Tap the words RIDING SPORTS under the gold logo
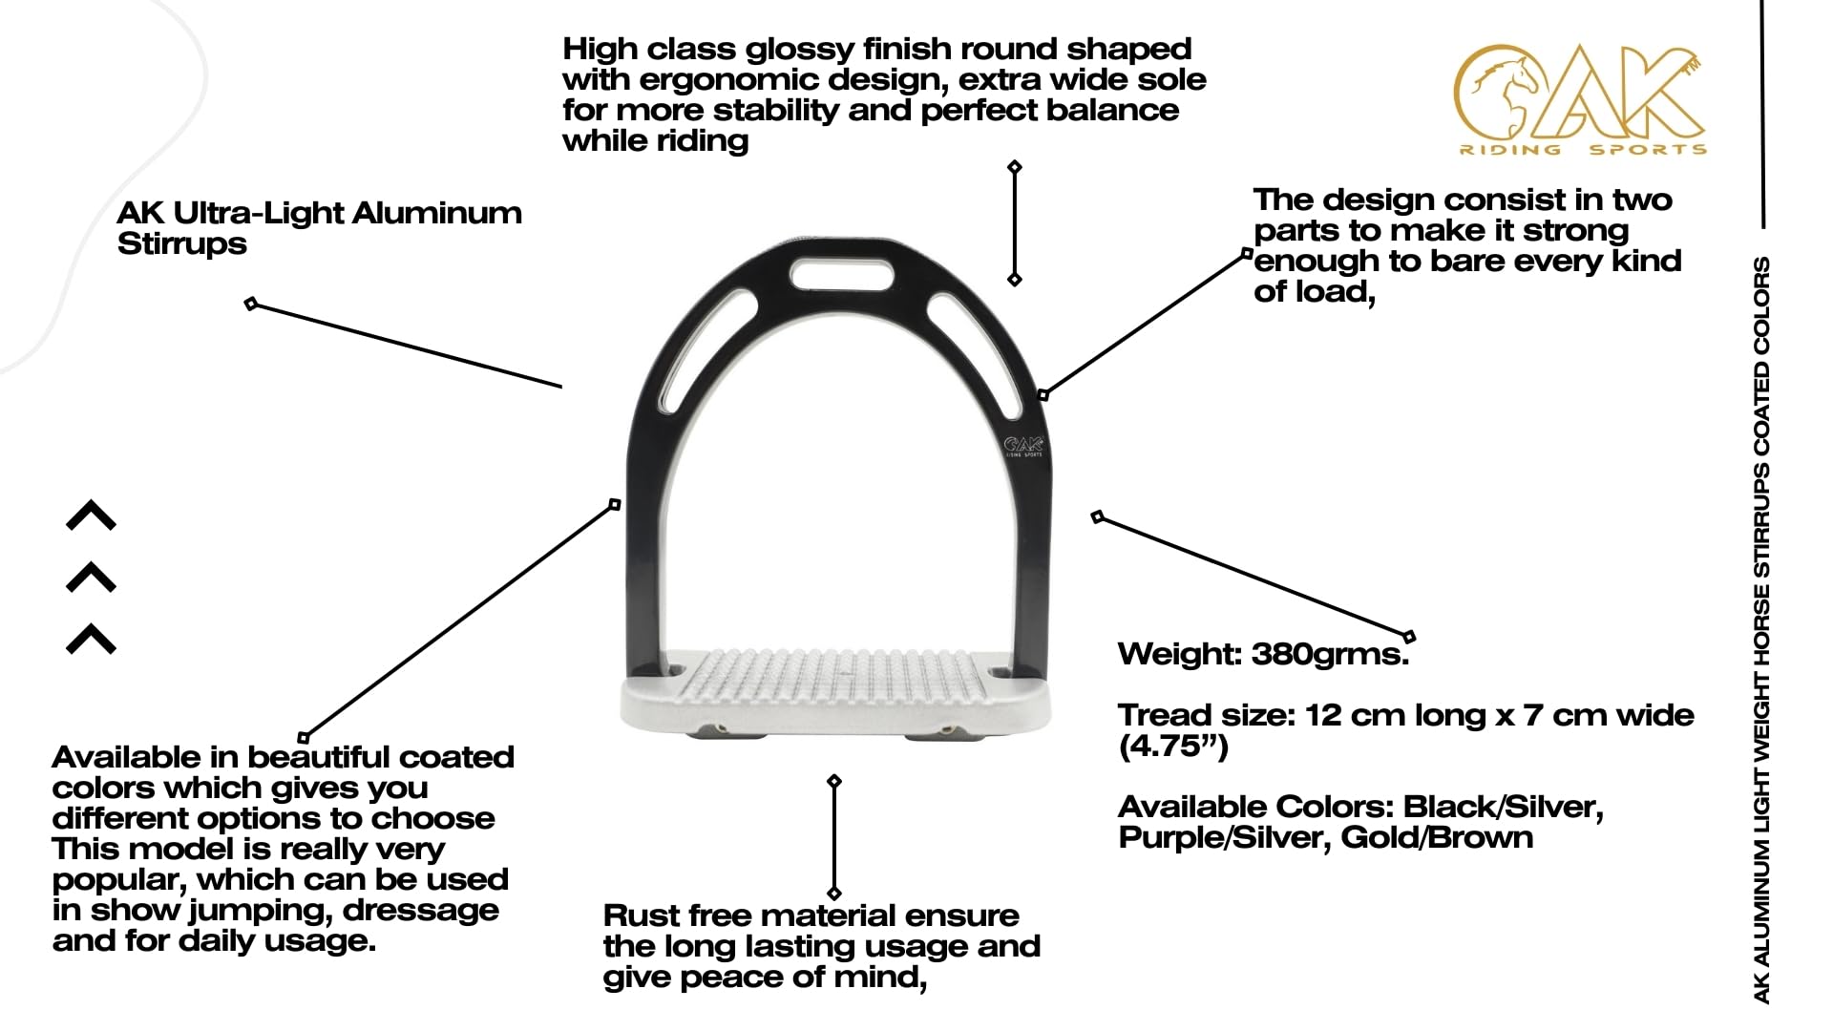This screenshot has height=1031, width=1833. tap(1583, 149)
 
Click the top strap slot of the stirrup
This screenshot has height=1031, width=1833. tap(843, 275)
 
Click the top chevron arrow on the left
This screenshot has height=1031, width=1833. tap(91, 515)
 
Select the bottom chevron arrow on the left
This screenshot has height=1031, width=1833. tap(91, 639)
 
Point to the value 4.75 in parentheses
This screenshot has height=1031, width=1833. tap(1172, 746)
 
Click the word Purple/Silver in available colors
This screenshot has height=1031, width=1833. tap(1225, 837)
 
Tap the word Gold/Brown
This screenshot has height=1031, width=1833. tap(1437, 837)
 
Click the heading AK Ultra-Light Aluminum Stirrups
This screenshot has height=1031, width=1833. tap(319, 228)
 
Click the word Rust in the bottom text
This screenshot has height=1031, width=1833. tap(641, 915)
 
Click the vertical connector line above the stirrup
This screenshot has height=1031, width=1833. tap(1015, 223)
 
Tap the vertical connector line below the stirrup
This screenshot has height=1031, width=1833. tap(834, 837)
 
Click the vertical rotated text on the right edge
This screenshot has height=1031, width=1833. tap(1762, 630)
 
